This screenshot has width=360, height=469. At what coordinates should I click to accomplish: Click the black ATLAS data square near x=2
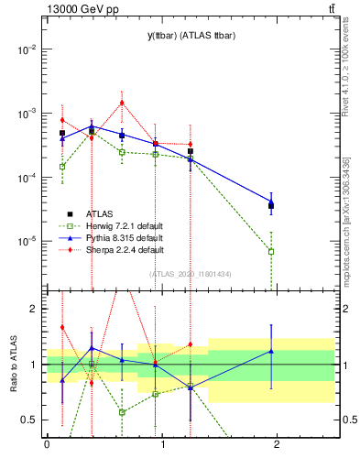click(271, 206)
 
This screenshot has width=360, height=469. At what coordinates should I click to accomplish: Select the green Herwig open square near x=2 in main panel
click(271, 251)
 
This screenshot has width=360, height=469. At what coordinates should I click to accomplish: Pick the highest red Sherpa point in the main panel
click(121, 103)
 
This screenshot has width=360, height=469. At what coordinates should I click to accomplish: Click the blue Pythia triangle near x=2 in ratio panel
click(271, 351)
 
